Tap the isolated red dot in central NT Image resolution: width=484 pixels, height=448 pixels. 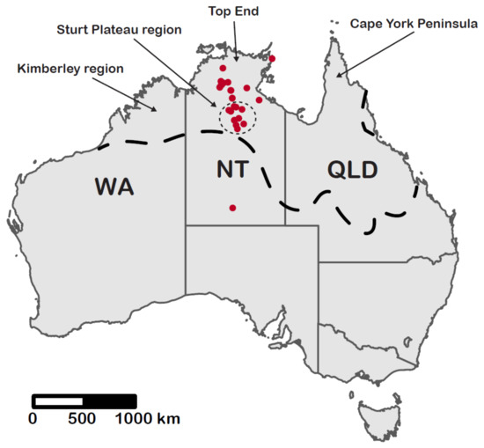pyautogui.click(x=232, y=208)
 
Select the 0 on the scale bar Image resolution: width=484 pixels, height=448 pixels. pyautogui.click(x=33, y=417)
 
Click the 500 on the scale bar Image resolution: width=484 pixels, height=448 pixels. pyautogui.click(x=82, y=417)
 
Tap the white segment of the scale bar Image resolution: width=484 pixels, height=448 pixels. pyautogui.click(x=58, y=400)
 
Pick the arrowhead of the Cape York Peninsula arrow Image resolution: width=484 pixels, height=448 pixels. pyautogui.click(x=336, y=77)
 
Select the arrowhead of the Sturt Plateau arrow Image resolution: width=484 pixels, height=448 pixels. pyautogui.click(x=220, y=108)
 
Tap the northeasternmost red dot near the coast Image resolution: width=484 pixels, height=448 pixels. pyautogui.click(x=272, y=58)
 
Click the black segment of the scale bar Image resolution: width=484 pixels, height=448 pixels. pyautogui.click(x=110, y=400)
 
